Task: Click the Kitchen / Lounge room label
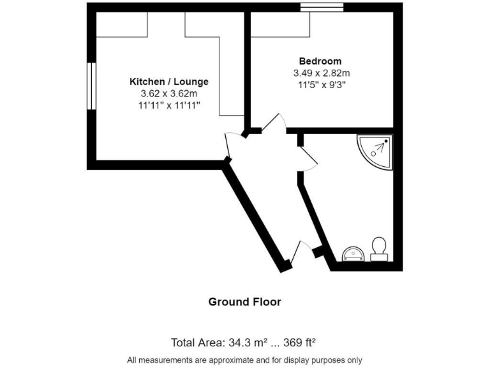click(x=169, y=82)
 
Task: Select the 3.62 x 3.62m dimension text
click(x=169, y=94)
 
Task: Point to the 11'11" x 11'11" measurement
click(x=169, y=106)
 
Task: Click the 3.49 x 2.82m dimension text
click(x=320, y=73)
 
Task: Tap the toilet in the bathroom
click(x=379, y=249)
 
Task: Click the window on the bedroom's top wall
click(x=322, y=7)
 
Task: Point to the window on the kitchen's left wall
click(x=91, y=86)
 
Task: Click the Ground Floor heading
click(x=244, y=302)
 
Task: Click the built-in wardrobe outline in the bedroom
click(x=281, y=25)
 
